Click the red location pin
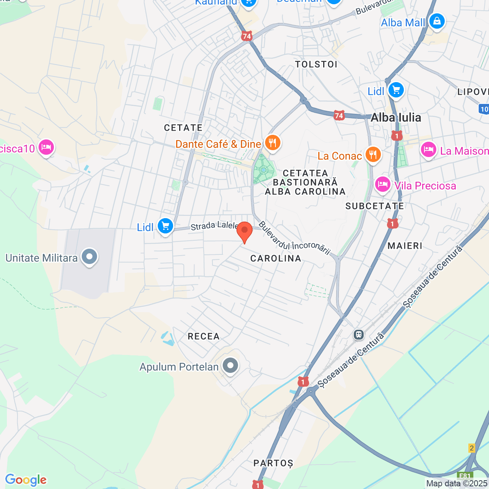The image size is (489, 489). tap(244, 231)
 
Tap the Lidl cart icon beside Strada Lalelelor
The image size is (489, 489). tap(165, 226)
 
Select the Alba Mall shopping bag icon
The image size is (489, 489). tap(437, 21)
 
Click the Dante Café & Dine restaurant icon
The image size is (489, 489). tap(272, 143)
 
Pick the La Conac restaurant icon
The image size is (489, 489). tap(373, 155)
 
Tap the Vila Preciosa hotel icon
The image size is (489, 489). tap(382, 185)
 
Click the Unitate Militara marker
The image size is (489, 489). tap(89, 257)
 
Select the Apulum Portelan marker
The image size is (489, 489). tap(230, 366)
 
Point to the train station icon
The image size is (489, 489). tap(358, 335)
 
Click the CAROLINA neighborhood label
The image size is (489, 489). tap(276, 258)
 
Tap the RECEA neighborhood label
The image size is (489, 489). tap(204, 337)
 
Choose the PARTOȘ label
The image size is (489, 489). tap(273, 463)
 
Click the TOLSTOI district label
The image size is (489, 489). tap(316, 64)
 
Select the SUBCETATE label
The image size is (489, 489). tap(375, 206)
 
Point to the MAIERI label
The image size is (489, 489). tap(405, 246)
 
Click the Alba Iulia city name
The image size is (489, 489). tap(396, 118)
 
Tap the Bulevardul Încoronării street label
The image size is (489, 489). tap(294, 238)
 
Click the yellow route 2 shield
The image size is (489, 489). tap(472, 448)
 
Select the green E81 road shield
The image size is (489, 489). tap(465, 476)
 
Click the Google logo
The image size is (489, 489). tap(26, 480)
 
